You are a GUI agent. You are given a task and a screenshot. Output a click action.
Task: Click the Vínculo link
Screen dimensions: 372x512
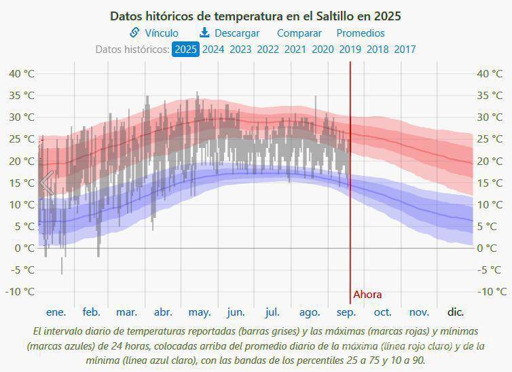[x=161, y=33]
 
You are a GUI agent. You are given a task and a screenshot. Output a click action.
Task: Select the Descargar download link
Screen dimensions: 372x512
[x=237, y=33]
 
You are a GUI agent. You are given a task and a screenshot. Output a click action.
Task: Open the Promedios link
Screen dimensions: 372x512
[x=360, y=33]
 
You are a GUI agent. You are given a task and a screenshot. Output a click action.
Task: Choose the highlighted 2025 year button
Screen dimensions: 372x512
[x=185, y=49]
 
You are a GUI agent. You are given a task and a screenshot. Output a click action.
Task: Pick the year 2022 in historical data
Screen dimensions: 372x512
[x=268, y=49]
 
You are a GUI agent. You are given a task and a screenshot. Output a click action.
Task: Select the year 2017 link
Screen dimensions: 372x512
[x=405, y=49]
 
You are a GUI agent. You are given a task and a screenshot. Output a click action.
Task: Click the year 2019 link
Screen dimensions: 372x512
[x=350, y=49]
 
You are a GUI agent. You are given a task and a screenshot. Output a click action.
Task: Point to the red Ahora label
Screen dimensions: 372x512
[x=367, y=295]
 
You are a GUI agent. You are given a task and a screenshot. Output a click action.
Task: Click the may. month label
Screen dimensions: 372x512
[x=199, y=312]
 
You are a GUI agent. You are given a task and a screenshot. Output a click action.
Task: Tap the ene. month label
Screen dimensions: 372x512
[x=56, y=312]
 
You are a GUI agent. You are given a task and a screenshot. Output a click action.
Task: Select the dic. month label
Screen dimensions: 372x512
[x=455, y=312]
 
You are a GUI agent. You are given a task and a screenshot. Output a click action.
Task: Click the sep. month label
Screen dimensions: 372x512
[x=346, y=312]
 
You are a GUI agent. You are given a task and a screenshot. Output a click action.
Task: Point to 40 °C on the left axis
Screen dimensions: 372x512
[x=21, y=73]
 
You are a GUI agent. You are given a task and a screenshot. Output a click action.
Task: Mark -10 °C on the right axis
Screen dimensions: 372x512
[x=492, y=291]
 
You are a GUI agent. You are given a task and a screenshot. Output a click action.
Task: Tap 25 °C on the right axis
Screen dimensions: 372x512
[x=492, y=139]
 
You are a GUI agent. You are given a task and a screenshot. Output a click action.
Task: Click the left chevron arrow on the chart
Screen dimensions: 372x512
[x=46, y=183]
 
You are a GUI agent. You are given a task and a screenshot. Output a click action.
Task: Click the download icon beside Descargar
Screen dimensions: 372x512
[x=204, y=33]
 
